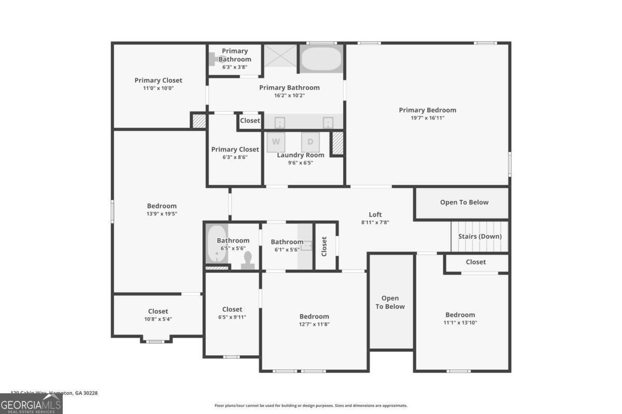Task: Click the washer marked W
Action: coord(276,142)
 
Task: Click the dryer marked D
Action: coord(310,142)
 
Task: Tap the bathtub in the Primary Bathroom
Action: coord(322,59)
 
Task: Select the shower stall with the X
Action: coord(280,56)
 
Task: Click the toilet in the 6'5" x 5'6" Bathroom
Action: coord(247,260)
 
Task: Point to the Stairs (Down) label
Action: coord(479,236)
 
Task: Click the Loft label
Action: coord(375,214)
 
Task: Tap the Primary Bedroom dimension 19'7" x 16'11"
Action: coord(427,118)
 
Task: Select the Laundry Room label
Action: coord(301,155)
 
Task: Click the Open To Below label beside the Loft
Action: coord(464,202)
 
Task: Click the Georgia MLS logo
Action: coord(31,404)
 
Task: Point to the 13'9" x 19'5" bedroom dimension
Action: coord(162,213)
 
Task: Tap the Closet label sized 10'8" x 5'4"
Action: coord(158,311)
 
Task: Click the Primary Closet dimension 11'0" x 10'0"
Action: coord(158,88)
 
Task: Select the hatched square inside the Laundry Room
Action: coord(337,142)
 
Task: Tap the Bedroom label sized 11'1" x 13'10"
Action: coord(460,315)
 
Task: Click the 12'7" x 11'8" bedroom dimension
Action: coord(314,324)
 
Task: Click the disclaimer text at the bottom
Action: coord(311,406)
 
